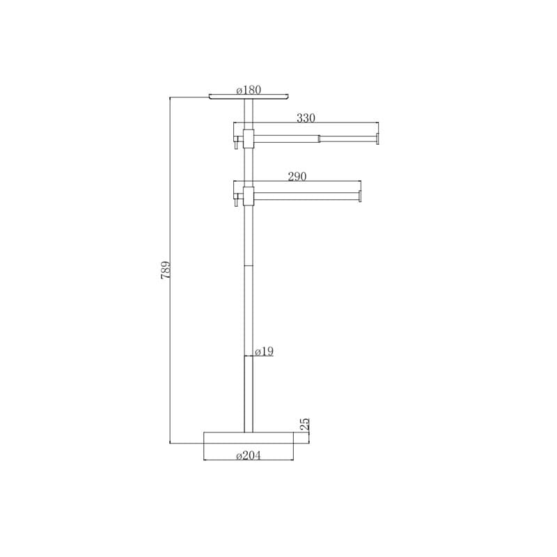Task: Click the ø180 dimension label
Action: tap(249, 90)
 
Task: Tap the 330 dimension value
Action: tap(306, 118)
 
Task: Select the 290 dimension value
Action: tap(297, 176)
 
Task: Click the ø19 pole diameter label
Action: tap(265, 352)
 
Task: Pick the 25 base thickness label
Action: tap(305, 424)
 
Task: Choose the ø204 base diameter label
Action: tap(249, 455)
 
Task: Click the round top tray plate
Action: tap(249, 97)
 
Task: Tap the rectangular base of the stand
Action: tap(249, 438)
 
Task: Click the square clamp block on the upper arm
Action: tap(249, 139)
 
